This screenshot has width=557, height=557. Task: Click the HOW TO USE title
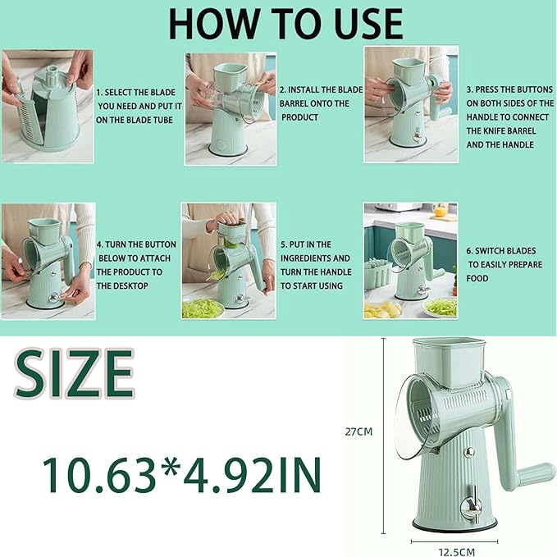285,25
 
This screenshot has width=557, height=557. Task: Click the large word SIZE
74,374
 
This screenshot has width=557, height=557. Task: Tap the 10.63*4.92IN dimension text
182,473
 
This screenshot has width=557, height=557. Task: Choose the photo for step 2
231,104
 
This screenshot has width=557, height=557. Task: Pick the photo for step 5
227,260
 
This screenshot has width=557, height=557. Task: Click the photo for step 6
410,261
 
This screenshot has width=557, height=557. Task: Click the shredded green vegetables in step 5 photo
201,308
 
